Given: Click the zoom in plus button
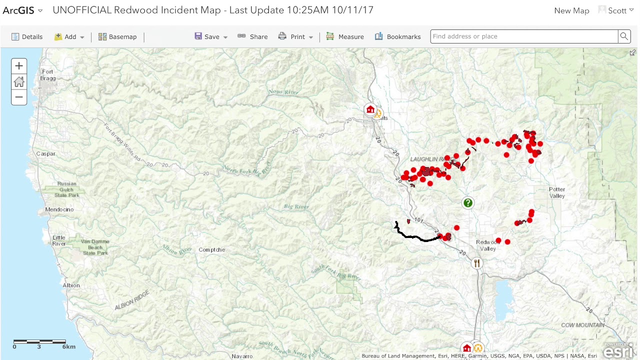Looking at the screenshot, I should (x=19, y=65).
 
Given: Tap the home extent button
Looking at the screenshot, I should (x=19, y=81).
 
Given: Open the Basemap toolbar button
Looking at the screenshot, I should (x=117, y=36).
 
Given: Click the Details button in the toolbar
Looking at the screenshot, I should (x=27, y=36).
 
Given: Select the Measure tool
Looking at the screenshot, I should (x=345, y=36).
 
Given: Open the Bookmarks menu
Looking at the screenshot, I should (x=398, y=36).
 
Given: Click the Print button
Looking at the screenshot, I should (x=295, y=36).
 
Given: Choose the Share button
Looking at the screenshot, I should (x=253, y=36).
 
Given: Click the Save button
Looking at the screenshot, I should (x=210, y=36).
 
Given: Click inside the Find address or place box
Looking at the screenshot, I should (x=523, y=36).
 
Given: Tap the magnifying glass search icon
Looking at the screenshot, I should (x=624, y=36).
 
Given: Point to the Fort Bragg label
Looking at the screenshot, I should (x=47, y=75).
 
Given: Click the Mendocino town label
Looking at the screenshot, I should (x=59, y=209).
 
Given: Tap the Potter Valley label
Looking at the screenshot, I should (x=557, y=192).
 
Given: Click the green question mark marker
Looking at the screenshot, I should (x=468, y=202).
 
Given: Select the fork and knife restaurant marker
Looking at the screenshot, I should (x=477, y=263).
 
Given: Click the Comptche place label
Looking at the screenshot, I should (x=211, y=250).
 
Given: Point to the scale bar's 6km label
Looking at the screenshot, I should (x=69, y=346).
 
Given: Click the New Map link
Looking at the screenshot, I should (x=571, y=10).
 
